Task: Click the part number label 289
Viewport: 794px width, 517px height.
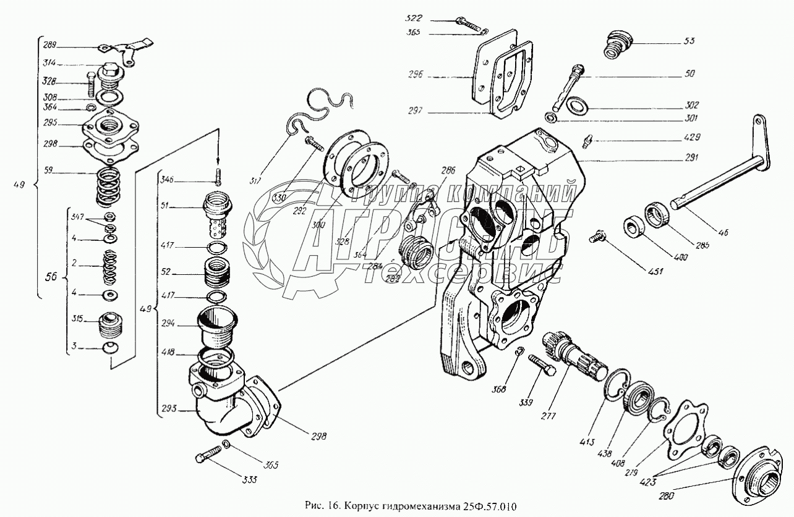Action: (49, 44)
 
